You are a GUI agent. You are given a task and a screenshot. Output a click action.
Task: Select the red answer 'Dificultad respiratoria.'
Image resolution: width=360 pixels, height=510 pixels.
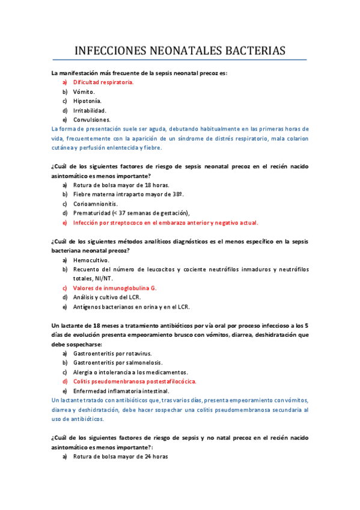103,82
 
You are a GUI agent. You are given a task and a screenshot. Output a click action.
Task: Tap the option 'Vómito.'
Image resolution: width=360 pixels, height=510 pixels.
84,91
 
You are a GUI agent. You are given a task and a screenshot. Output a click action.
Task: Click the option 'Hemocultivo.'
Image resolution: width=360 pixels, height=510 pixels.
91,260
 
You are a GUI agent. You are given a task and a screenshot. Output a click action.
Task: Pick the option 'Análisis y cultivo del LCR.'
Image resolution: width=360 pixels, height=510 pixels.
111,297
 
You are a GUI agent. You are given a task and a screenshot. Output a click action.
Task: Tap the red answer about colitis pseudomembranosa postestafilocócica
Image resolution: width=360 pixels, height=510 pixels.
135,381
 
